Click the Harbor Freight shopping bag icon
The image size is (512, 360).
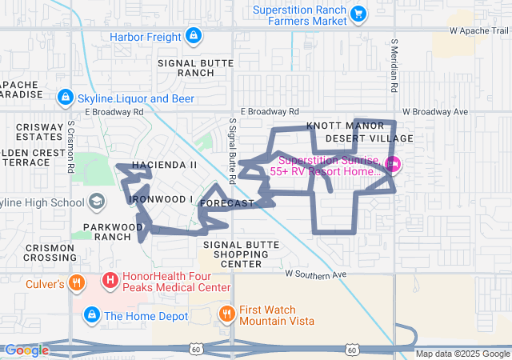point(193,36)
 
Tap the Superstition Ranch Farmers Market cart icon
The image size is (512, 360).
point(358,12)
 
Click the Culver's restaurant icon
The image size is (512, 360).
point(77,282)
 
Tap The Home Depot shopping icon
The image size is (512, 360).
point(93,314)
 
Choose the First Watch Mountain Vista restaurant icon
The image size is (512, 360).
point(226,314)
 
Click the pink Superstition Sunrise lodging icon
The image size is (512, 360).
point(392,166)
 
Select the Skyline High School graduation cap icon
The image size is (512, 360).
point(97,201)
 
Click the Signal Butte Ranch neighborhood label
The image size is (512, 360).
point(196,67)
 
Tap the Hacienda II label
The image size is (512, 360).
point(164,165)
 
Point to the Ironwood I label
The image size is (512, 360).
point(162,198)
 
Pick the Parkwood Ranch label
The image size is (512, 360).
point(105,231)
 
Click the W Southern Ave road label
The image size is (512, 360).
point(316,274)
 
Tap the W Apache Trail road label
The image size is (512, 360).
point(479,30)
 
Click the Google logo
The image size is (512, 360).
point(27,350)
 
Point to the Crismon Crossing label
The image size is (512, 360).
point(50,253)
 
